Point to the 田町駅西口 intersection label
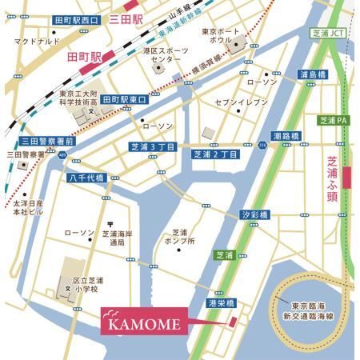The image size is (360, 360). (x=76, y=18)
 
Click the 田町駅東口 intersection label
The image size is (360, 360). (x=126, y=99)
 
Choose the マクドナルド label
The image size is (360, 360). (x=37, y=40)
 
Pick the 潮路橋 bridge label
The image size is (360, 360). (x=286, y=136)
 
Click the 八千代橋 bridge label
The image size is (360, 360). (x=86, y=178)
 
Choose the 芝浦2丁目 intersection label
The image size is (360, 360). (x=215, y=154)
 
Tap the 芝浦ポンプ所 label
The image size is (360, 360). (x=190, y=235)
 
